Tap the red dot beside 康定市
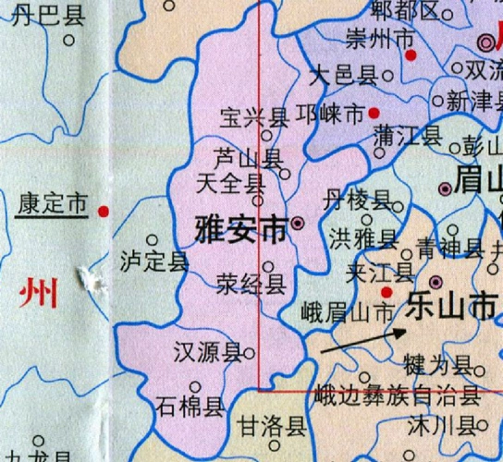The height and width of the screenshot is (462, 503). coord(104,212)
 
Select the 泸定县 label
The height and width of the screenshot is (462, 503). coord(153,261)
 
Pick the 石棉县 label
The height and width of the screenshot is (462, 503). coord(190,407)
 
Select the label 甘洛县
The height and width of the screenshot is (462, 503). coord(271,426)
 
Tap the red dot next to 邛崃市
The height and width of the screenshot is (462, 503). coord(374,113)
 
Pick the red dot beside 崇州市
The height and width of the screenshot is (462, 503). coord(411,55)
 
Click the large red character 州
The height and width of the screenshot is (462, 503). coord(38,294)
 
